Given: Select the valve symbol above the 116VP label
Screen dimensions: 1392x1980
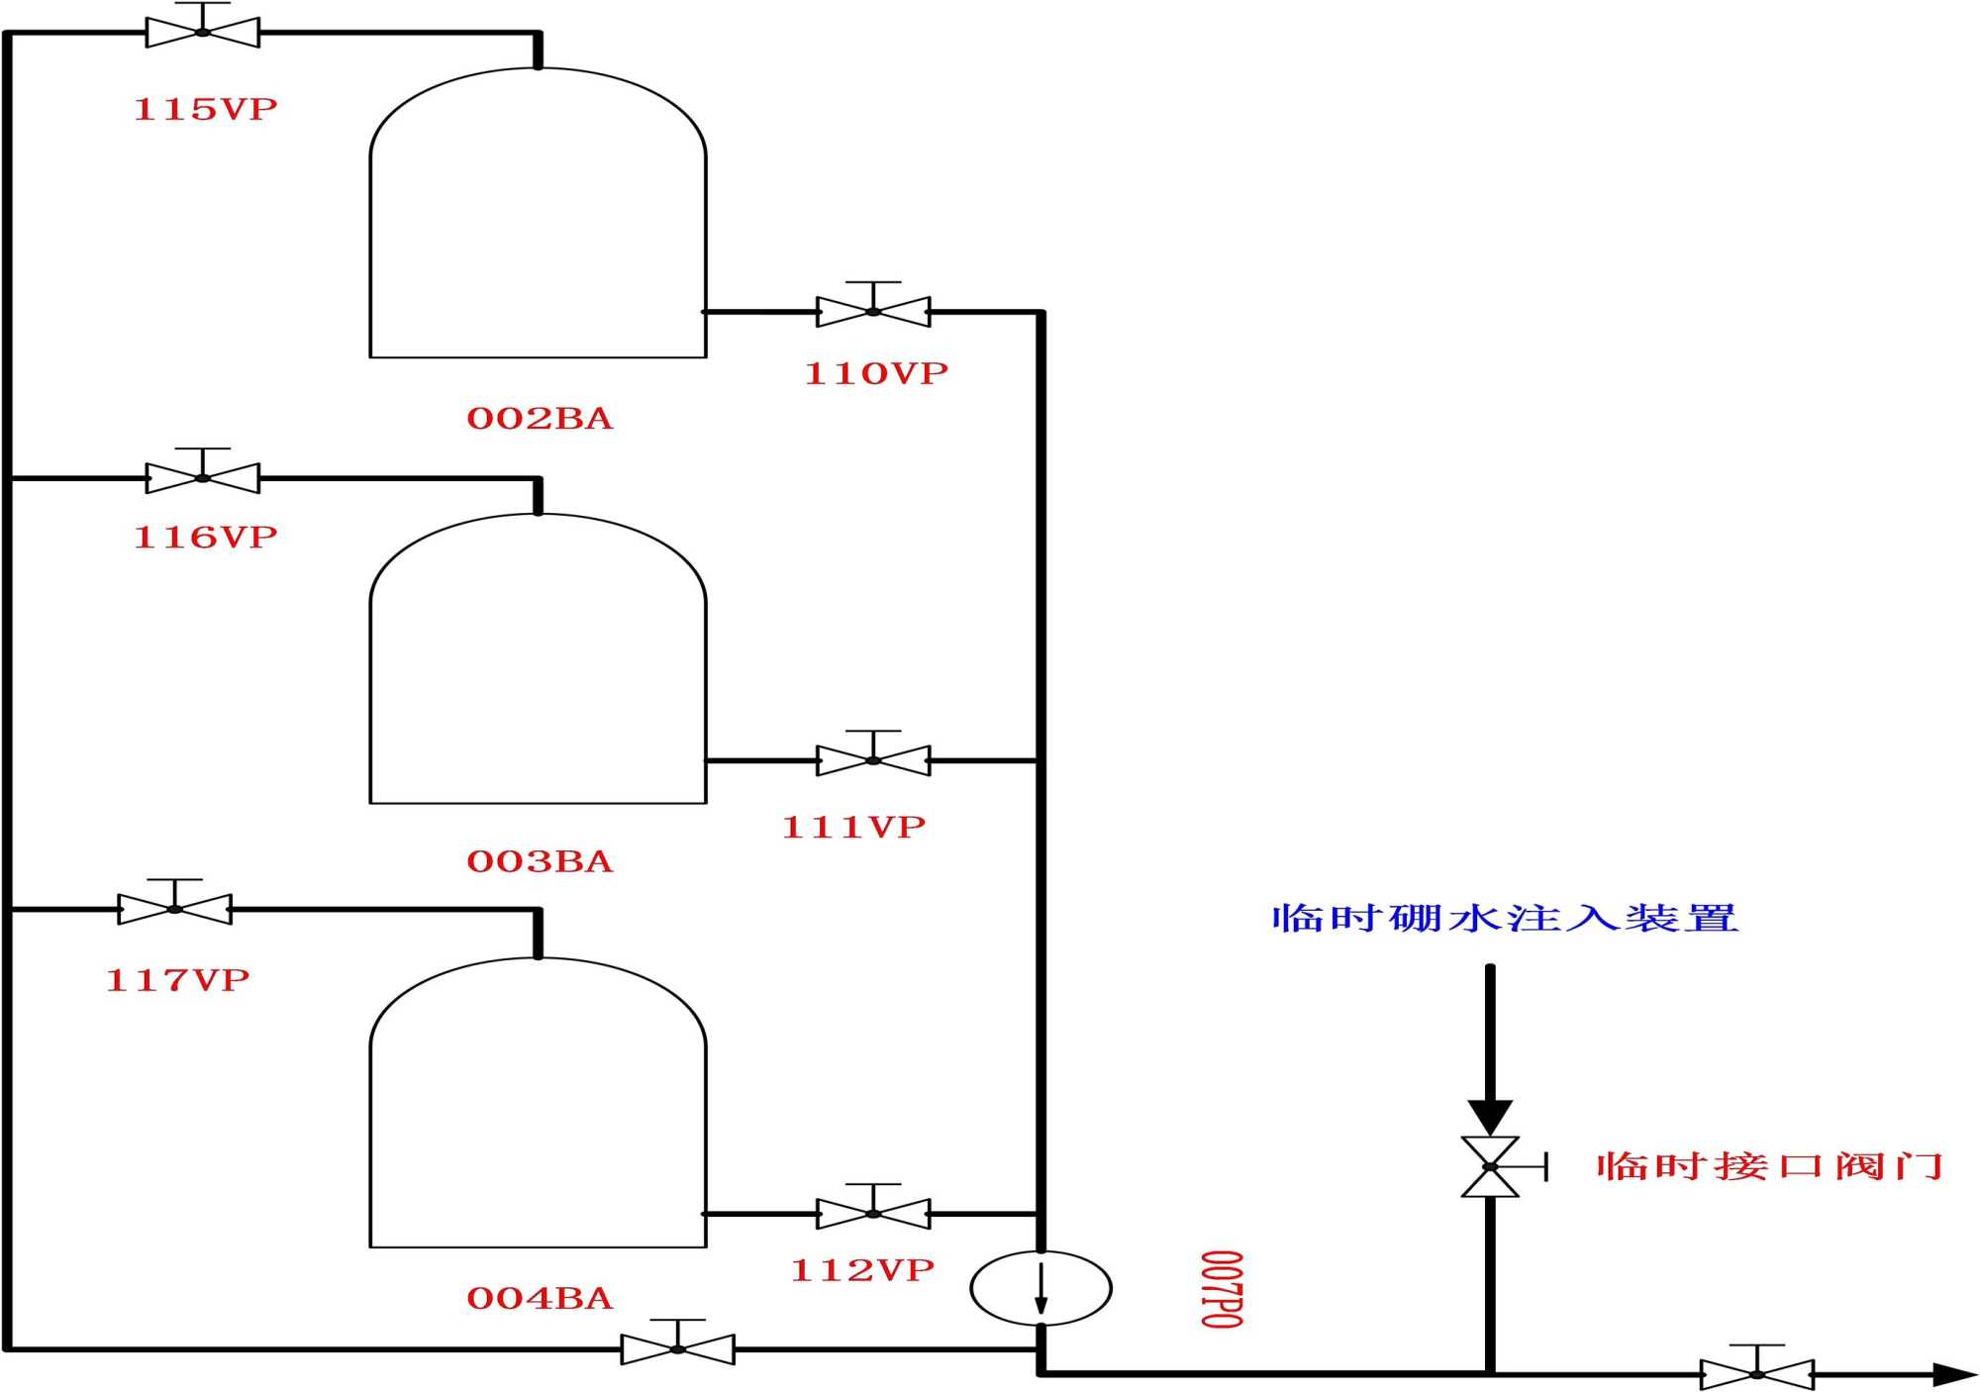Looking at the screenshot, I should [203, 477].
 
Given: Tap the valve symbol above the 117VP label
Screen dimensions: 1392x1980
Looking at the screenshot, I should [175, 908].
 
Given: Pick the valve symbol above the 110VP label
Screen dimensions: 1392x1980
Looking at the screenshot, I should [873, 311].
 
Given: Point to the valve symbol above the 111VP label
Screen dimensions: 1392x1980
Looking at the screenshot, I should [873, 759].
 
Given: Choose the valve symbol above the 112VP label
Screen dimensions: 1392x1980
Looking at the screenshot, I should [873, 1213].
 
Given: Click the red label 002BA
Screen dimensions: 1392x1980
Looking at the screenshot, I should [540, 419].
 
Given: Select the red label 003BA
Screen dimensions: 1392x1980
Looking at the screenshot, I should [540, 861].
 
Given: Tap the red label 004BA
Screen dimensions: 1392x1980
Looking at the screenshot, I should [540, 1298].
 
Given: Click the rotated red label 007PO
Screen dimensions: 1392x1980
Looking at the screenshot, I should [1222, 1289].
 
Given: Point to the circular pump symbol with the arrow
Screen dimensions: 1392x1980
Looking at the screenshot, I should [1040, 1288].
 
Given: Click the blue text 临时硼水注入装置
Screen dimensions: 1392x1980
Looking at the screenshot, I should [1505, 918].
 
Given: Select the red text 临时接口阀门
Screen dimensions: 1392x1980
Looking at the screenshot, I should [1769, 1166].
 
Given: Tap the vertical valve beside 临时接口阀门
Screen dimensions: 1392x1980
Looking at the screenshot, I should [1490, 1166].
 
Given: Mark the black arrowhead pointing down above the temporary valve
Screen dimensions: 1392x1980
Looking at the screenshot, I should [1490, 1117].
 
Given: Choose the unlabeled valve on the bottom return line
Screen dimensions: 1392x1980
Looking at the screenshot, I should [678, 1348].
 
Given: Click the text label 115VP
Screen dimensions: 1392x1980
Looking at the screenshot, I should [205, 109].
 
